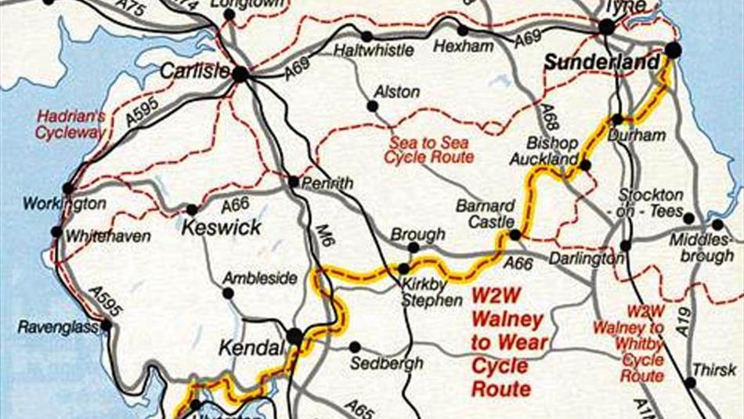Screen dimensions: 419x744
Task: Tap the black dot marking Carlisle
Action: (x=240, y=74)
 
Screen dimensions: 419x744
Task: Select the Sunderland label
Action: (x=601, y=62)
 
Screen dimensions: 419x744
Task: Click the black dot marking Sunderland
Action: (x=673, y=51)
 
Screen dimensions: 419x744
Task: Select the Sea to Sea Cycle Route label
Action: (x=429, y=150)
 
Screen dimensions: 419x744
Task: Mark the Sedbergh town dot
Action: (x=355, y=346)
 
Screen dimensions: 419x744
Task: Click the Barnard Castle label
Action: (x=486, y=214)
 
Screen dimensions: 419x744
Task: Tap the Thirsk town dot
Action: (x=690, y=383)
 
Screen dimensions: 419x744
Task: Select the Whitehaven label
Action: (x=109, y=236)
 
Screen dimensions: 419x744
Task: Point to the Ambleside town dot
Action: (x=228, y=293)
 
